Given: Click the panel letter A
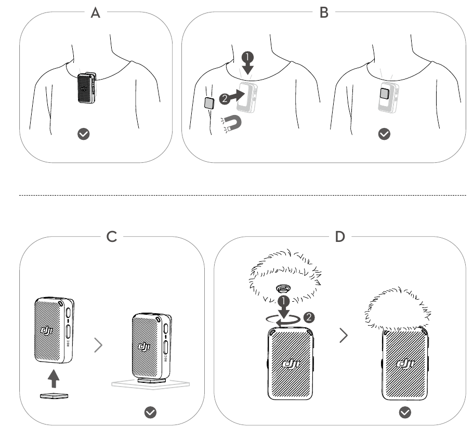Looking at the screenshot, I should pos(95,12).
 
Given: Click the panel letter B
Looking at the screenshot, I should pos(324,12).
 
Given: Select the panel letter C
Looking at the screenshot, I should pos(111,237).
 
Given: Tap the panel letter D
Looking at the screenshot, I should pos(339,237).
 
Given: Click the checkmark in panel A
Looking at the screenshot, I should pos(83,134).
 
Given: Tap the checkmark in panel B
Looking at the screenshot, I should pos(384,134).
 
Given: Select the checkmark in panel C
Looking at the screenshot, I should pos(151,413).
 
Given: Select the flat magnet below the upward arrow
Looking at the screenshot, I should pos(54,396).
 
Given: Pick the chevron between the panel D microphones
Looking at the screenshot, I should pos(343,336).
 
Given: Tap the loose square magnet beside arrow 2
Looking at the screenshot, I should pos(209,102).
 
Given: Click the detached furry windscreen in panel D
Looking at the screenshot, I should pos(285,276).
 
